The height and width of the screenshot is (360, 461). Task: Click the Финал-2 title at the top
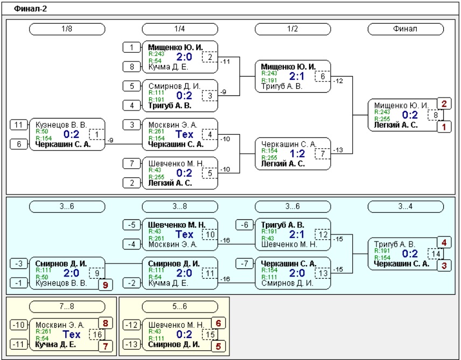click(x=30, y=9)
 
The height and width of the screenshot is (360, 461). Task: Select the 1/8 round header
click(x=67, y=29)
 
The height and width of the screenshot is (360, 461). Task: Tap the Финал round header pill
click(x=406, y=29)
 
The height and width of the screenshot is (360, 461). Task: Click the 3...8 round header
click(x=180, y=206)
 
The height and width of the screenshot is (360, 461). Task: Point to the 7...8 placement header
click(x=67, y=307)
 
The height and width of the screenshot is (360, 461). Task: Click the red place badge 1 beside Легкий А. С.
click(x=444, y=127)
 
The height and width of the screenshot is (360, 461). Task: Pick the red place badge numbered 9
click(x=105, y=285)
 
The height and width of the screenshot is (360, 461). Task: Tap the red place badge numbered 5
click(x=218, y=346)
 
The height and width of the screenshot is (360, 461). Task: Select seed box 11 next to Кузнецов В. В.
click(x=19, y=124)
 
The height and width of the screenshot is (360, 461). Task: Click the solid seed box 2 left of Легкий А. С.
click(x=132, y=183)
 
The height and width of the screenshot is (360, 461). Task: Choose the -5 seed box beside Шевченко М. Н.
click(x=132, y=225)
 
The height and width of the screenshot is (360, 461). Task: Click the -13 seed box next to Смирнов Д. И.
click(x=132, y=344)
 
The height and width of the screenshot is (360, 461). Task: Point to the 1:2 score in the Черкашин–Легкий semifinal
click(x=297, y=154)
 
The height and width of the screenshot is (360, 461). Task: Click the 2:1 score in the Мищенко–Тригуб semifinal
click(x=297, y=76)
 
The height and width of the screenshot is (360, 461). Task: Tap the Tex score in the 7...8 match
click(x=72, y=335)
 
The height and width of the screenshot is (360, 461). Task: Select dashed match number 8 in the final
click(x=436, y=115)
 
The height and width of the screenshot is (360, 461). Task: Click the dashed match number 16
click(x=97, y=335)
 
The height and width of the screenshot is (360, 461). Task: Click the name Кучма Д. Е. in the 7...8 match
click(x=55, y=344)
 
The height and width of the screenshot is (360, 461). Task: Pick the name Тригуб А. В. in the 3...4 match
click(x=395, y=244)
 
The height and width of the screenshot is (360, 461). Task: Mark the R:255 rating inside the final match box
click(x=382, y=119)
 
